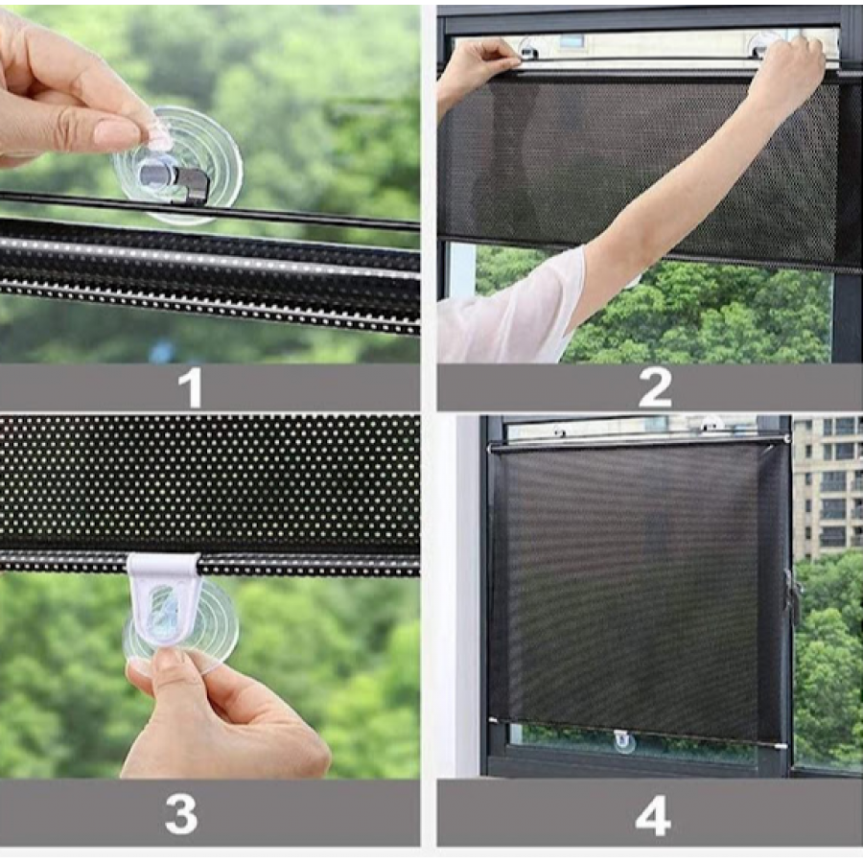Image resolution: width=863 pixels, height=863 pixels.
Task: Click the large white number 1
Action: coord(191,387)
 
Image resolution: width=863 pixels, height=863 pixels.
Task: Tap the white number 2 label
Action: coord(654,387)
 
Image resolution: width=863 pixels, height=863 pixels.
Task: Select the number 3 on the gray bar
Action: coord(181,813)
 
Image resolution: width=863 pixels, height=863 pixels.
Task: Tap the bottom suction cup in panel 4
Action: coord(624,741)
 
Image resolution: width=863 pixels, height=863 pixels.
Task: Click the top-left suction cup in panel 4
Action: coord(560,431)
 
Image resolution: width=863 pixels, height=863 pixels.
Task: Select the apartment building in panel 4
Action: coord(828,487)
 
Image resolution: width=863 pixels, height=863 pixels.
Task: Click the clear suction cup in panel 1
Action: coord(177,166)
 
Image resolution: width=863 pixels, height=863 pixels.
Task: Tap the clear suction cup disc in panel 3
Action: coord(180,626)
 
